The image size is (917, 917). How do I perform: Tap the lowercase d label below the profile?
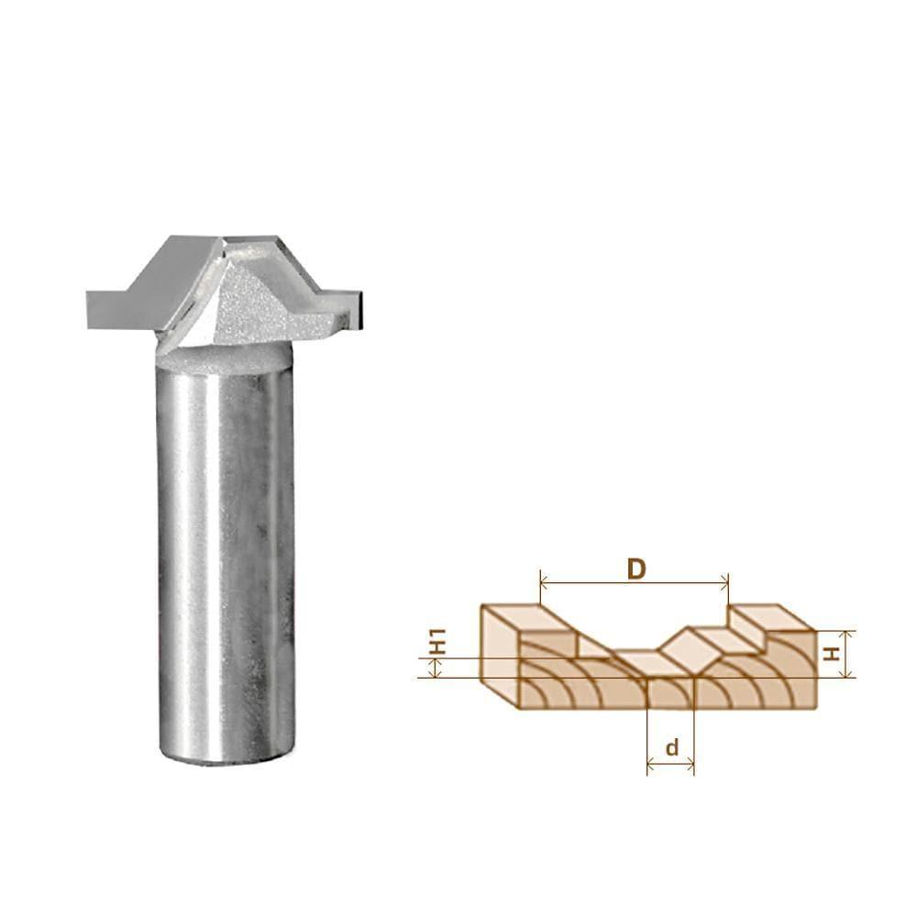(x=672, y=747)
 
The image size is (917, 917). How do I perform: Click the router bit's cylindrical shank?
(x=226, y=550)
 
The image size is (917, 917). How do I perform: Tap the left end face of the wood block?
(x=500, y=656)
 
